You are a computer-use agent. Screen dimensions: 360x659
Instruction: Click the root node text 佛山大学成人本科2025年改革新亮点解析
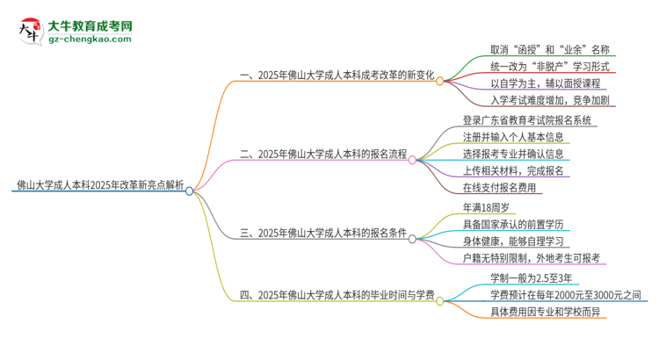98,185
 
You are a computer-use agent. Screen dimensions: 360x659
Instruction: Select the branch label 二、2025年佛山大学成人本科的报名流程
323,154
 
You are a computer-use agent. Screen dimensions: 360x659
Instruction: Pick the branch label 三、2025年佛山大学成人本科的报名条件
323,233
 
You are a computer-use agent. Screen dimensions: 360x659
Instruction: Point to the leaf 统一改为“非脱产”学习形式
547,68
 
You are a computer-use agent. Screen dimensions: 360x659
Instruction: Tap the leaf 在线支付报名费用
502,188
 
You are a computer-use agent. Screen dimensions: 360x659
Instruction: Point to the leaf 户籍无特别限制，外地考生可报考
532,258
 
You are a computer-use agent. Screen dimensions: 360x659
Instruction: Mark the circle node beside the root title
189,190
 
